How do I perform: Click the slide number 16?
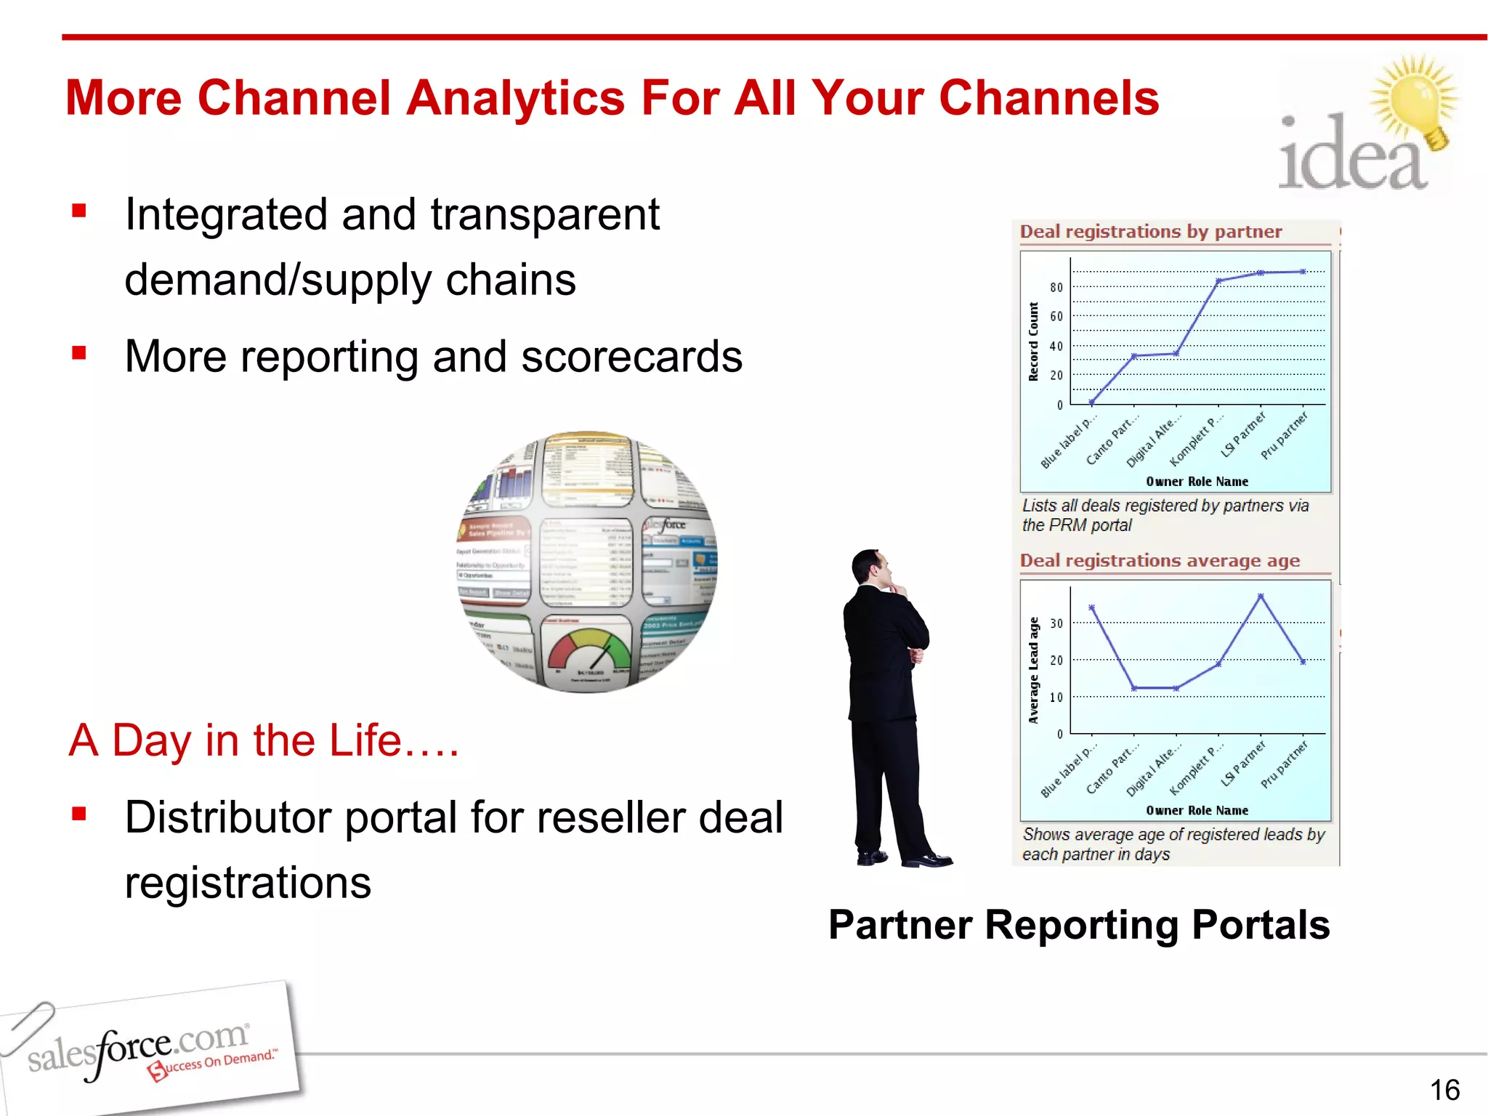[1444, 1090]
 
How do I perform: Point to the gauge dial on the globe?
[589, 650]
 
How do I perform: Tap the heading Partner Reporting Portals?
[1079, 925]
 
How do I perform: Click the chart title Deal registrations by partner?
[1151, 232]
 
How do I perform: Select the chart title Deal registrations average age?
[1160, 561]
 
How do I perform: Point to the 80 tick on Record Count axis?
[1056, 288]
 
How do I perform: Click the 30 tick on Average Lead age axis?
[1056, 623]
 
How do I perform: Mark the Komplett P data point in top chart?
[1218, 280]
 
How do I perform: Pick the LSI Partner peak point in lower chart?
[1261, 596]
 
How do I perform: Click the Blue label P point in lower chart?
[1091, 607]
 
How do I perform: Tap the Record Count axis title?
[1033, 341]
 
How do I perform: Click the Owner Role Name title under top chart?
[1197, 482]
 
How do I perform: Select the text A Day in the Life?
[264, 740]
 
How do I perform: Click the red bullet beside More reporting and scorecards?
[79, 354]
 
